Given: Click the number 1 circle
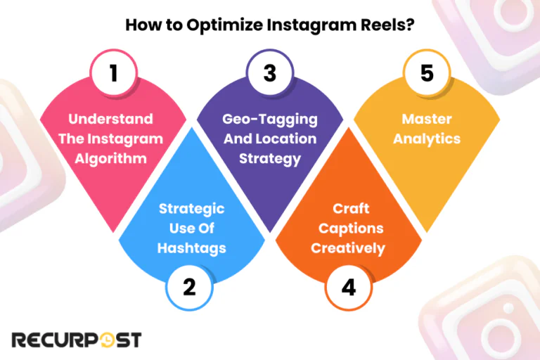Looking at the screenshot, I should click(x=112, y=74).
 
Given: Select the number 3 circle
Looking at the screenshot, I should click(x=270, y=74).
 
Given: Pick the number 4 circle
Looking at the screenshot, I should click(x=349, y=288).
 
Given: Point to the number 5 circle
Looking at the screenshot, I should click(x=427, y=74).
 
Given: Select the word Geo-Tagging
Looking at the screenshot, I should click(x=270, y=120).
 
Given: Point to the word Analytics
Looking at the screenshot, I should click(x=427, y=139).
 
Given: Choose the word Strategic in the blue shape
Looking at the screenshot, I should click(x=191, y=208).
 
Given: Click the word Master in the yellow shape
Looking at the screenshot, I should click(x=427, y=120).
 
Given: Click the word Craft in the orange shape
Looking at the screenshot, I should click(x=349, y=210).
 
